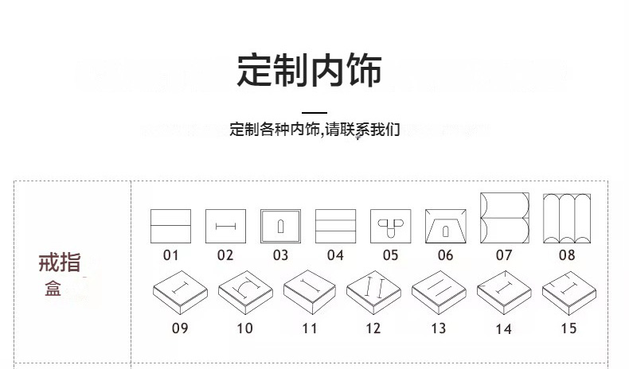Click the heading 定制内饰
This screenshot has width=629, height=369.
[x=309, y=69]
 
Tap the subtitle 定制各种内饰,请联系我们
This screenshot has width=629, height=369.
[x=314, y=129]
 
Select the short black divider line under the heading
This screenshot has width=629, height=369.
[x=314, y=112]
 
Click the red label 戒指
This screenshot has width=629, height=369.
[x=60, y=263]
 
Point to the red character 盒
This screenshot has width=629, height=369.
[x=53, y=288]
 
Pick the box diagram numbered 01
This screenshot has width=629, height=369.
[x=170, y=226]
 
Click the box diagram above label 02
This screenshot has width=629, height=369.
[x=225, y=226]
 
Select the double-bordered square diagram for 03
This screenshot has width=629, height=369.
[x=280, y=226]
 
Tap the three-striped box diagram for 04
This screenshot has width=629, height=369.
[x=335, y=226]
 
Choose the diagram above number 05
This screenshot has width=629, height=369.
[x=390, y=226]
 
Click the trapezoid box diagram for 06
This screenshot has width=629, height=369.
[x=445, y=226]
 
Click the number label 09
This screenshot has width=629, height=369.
[x=180, y=328]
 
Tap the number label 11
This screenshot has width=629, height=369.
[x=310, y=328]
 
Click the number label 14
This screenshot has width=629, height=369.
[x=503, y=328]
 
